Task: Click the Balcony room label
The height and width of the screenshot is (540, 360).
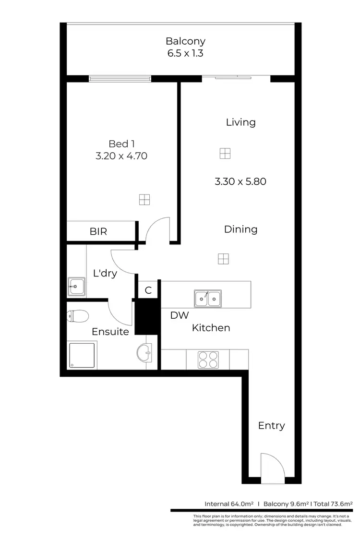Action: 185,41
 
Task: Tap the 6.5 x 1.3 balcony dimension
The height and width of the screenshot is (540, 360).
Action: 185,53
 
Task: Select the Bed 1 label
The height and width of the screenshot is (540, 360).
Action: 118,144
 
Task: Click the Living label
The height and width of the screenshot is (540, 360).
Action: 240,122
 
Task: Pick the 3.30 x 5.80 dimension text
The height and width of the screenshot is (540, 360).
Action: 240,181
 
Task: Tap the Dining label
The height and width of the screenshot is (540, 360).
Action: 240,229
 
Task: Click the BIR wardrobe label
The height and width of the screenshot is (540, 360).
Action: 98,231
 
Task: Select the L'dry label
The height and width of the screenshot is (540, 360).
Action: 105,274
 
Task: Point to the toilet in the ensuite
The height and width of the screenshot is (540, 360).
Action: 78,315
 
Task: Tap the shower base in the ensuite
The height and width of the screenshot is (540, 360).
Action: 82,355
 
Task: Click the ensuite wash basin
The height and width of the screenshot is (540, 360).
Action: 144,353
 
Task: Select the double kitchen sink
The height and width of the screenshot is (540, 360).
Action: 207,299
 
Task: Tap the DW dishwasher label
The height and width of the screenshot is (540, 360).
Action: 180,315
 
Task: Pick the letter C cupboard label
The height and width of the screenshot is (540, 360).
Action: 148,290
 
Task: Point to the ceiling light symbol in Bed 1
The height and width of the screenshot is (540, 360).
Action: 144,200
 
